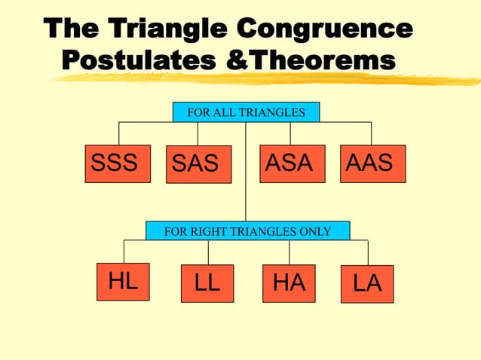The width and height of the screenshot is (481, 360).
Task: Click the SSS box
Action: click(x=115, y=163)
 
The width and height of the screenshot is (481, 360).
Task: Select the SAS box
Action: click(x=198, y=164)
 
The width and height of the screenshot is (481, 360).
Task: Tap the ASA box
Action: click(x=292, y=163)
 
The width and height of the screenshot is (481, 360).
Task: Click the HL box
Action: click(x=122, y=282)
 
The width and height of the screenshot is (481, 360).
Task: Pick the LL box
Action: click(x=207, y=284)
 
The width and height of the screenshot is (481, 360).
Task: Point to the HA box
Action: click(x=289, y=283)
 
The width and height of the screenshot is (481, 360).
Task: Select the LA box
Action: click(x=367, y=284)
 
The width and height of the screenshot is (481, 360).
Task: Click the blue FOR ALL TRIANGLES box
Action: click(x=246, y=112)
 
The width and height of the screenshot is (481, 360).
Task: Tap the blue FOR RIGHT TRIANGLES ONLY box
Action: click(x=247, y=230)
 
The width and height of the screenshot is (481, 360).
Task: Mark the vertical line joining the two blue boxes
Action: click(x=246, y=173)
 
